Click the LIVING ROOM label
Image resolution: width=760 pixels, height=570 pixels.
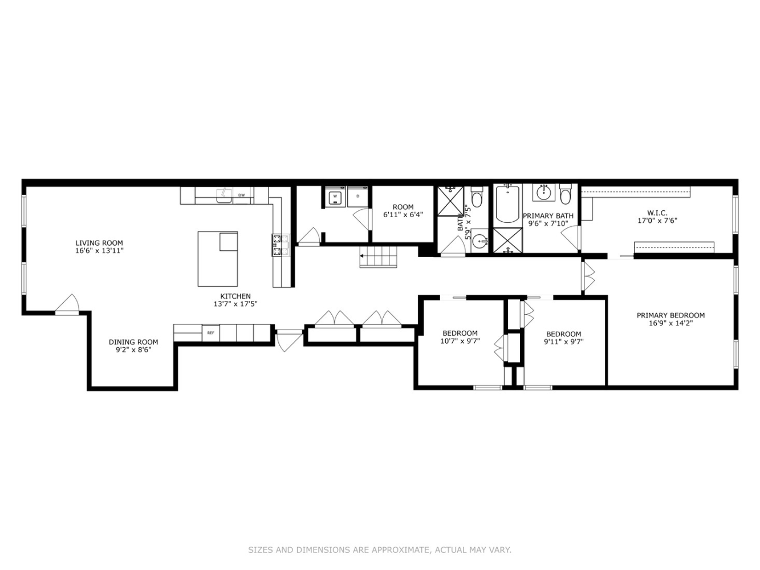(x=99, y=243)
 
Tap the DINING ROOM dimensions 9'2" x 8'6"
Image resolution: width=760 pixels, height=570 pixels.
(x=133, y=350)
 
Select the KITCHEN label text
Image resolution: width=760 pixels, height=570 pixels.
(x=235, y=296)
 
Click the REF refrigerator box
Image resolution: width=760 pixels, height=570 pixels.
(x=211, y=333)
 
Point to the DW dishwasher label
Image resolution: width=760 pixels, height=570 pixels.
(x=241, y=195)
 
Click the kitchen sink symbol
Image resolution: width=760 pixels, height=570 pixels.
(x=225, y=196)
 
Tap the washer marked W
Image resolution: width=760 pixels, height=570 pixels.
(x=335, y=197)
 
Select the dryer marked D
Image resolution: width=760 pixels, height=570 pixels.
(x=357, y=197)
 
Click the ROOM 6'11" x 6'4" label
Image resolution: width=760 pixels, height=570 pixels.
(x=403, y=211)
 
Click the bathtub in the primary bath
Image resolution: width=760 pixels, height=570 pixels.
(x=507, y=204)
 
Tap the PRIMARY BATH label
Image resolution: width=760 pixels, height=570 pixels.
(x=548, y=216)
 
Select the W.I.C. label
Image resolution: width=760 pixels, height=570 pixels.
(x=657, y=213)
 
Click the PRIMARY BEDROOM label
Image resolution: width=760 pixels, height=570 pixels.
(x=670, y=315)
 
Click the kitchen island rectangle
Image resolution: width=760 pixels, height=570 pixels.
(x=217, y=259)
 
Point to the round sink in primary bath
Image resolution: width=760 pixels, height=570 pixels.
(x=543, y=193)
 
